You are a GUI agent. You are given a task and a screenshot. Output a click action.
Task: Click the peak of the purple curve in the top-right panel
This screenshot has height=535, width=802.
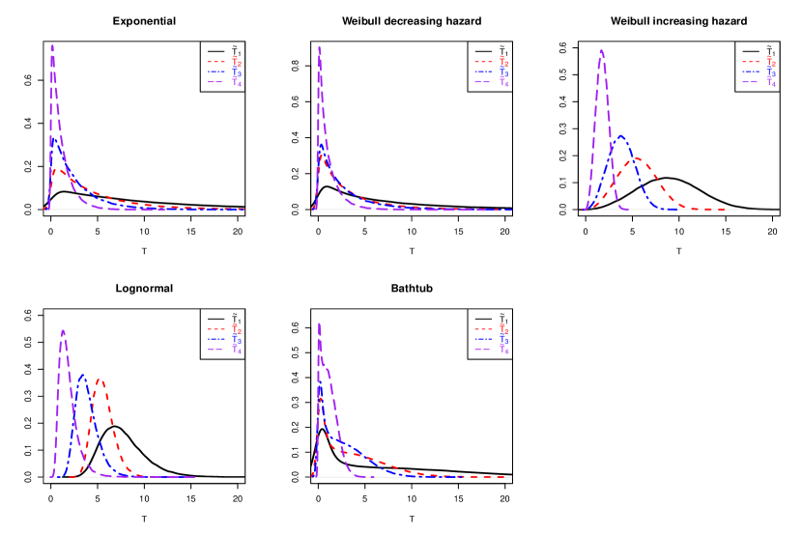coord(602,51)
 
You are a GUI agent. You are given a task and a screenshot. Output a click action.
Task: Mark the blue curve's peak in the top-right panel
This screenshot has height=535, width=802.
coord(621,136)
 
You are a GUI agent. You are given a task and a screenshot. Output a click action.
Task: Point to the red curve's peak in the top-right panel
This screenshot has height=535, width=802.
coord(638,159)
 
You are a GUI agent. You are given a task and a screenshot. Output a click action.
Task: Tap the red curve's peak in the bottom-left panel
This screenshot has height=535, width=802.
coord(100,379)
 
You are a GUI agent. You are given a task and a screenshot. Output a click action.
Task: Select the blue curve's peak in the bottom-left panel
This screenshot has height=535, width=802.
coord(82,376)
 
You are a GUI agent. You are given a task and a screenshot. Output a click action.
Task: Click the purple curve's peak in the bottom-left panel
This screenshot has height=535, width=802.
coord(63,331)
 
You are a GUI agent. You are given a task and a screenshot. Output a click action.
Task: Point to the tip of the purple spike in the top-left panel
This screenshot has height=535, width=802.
coord(52,44)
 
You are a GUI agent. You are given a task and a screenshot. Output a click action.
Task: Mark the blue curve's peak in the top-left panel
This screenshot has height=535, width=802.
coord(55,142)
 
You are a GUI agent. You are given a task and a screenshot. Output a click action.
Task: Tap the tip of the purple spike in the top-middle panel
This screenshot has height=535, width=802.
coord(319,45)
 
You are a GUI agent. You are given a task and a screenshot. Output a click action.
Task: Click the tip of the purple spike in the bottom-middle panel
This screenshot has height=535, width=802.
coord(319,323)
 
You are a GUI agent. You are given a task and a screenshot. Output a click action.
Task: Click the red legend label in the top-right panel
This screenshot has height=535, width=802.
coord(770,62)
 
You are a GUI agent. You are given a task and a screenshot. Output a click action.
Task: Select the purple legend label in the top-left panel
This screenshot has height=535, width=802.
coord(236,82)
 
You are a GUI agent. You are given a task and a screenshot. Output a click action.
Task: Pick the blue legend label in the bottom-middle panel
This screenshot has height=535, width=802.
coord(503,339)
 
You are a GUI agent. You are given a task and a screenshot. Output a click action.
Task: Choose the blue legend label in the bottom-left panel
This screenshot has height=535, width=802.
coord(236,339)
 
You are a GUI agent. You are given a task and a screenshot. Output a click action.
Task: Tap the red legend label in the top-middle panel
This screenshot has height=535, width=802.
coord(503,62)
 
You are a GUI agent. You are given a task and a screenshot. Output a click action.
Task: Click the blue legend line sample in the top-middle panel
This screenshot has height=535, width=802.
coord(483,72)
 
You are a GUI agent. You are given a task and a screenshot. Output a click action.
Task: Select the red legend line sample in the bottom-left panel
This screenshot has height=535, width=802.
coord(215,329)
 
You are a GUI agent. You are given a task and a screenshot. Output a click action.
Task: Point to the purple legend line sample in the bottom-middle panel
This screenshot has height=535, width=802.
coord(483,350)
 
